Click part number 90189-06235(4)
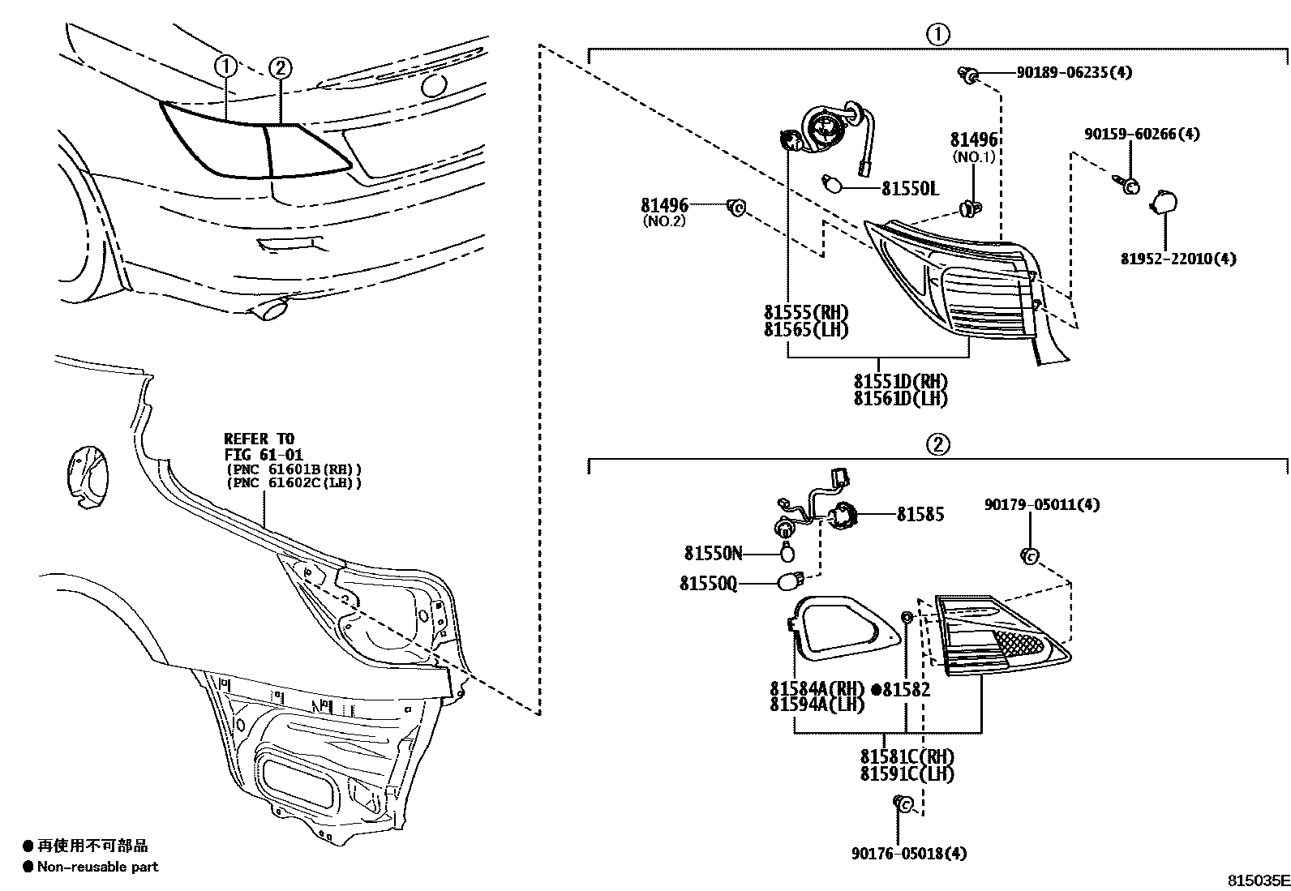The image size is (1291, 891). pos(1074,72)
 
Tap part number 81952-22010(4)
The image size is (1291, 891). pos(1178,259)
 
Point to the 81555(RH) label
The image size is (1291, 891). pos(805,312)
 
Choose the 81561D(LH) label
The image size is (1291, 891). pos(899,399)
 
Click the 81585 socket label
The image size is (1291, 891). pos(920,514)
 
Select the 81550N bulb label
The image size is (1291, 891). pos(713,554)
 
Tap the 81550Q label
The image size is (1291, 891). pos(709,583)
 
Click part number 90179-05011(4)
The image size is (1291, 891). pos(1042,504)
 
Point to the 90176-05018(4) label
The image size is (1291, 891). pos(909,853)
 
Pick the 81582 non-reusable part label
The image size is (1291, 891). pos(906,690)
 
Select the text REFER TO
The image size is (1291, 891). pos(259,439)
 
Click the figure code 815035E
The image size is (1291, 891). pos(1257,880)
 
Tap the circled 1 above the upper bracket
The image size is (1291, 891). pos(937,34)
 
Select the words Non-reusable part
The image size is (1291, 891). pos(97,867)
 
